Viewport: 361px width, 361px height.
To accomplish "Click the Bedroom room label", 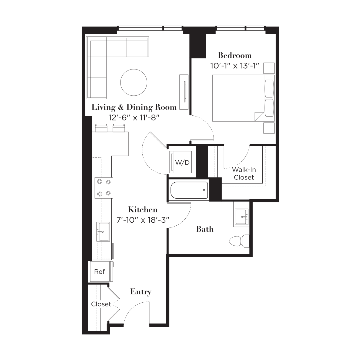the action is (235, 55).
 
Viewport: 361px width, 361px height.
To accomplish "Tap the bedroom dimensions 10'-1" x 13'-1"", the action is (235, 66).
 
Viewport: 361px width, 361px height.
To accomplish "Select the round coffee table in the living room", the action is (133, 82).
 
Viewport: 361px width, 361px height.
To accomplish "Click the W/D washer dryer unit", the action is (180, 162).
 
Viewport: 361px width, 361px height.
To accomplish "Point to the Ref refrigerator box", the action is (100, 272).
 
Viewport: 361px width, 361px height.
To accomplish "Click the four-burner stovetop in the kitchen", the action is (104, 188).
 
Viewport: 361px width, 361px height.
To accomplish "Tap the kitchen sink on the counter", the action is (103, 232).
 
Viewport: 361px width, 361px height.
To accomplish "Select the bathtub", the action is (189, 190).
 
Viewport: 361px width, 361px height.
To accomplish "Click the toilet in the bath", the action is (239, 241).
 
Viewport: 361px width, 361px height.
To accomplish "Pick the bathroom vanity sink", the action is (242, 216).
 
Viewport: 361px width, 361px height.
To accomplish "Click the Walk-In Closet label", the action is (244, 173).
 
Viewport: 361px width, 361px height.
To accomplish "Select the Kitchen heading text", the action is (143, 209).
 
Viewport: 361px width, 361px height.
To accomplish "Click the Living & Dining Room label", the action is (134, 107).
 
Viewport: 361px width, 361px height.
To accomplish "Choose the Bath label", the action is (205, 229).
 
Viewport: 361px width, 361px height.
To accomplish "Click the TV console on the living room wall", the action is (184, 92).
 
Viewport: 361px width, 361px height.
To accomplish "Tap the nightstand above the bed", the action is (269, 68).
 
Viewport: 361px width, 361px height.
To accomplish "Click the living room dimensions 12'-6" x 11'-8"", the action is (134, 118).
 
